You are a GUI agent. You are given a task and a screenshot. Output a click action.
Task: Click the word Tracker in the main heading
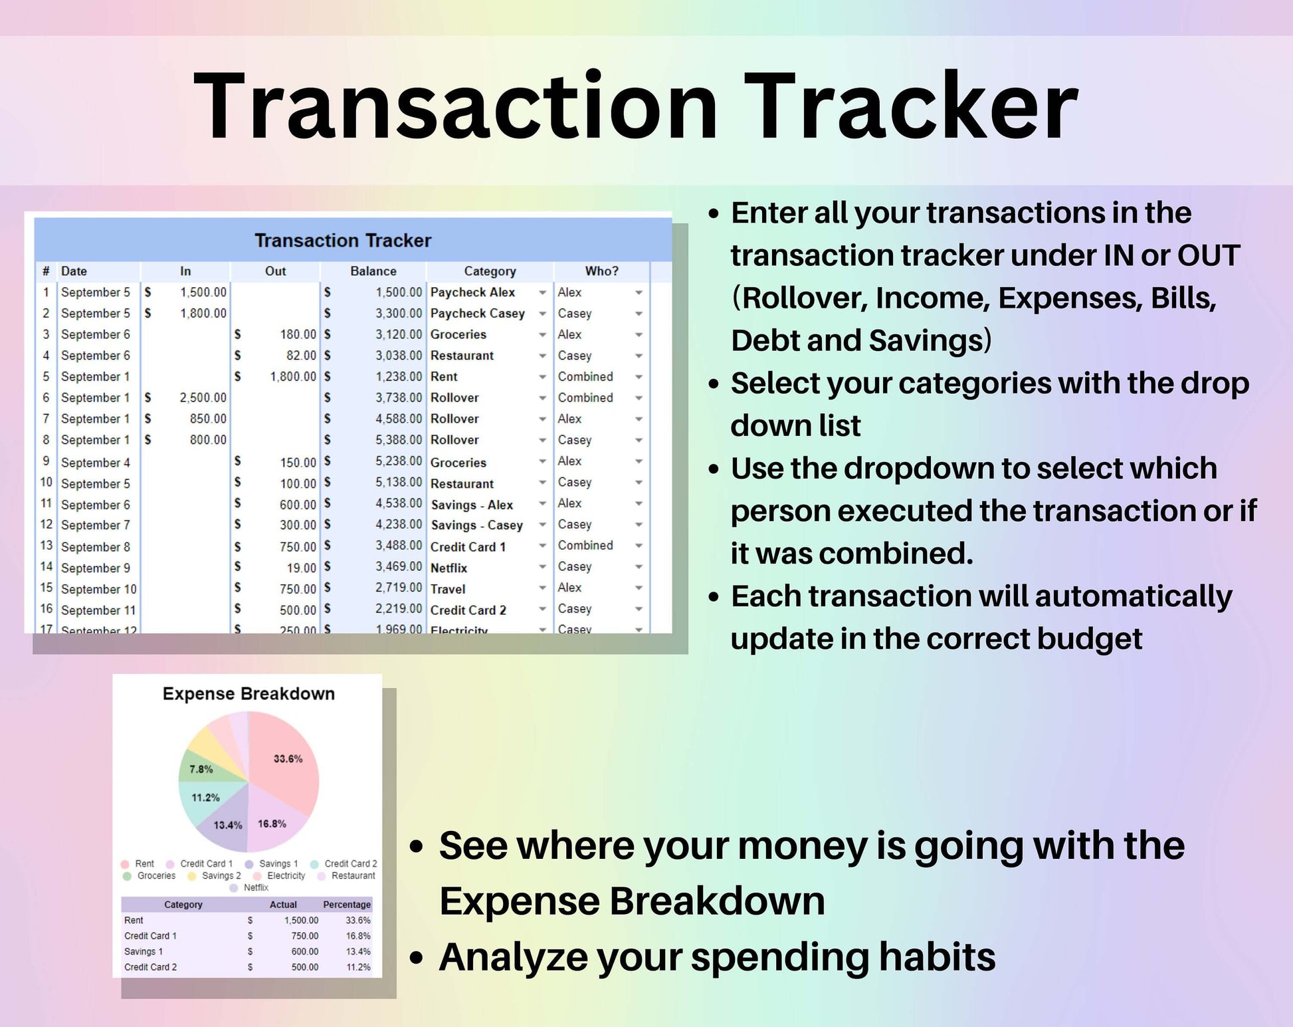[x=911, y=106]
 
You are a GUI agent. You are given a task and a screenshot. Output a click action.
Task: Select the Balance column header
[x=373, y=271]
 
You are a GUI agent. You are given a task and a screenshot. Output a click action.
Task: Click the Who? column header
[x=602, y=271]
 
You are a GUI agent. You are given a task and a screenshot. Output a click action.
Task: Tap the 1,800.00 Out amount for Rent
[x=293, y=376]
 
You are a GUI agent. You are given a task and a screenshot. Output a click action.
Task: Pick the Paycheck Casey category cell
[x=478, y=313]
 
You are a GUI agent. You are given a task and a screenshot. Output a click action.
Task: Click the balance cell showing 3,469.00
[x=399, y=566]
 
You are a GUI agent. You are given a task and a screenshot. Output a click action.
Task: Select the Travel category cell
[x=448, y=589]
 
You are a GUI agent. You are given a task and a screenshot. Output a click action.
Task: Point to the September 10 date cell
[x=99, y=589]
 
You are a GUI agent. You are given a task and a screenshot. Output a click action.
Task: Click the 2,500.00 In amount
[x=203, y=398]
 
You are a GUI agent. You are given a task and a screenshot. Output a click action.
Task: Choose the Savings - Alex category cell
[x=472, y=505]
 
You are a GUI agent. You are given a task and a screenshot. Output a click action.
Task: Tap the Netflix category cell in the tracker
[x=449, y=568]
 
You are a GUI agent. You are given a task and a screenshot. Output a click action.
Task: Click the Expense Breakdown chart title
[x=249, y=694]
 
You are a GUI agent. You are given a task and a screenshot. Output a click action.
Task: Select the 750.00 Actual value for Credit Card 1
[x=305, y=936]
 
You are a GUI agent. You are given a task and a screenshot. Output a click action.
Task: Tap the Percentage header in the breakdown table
[x=347, y=905]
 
